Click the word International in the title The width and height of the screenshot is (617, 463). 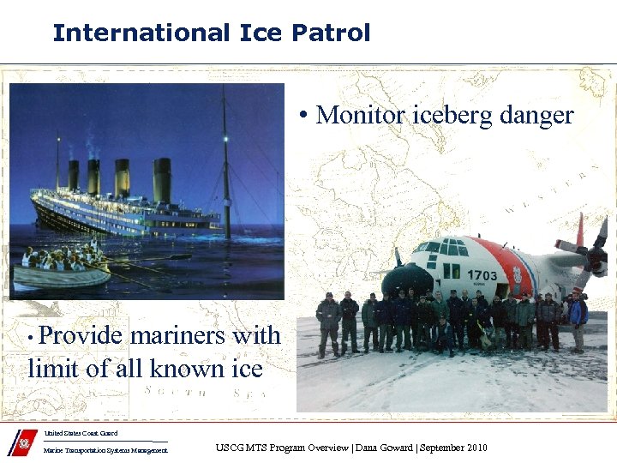coord(140,33)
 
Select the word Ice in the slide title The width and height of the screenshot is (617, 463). coord(261,33)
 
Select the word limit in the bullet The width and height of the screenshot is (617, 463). coord(54,368)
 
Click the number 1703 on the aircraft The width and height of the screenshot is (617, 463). coord(482,274)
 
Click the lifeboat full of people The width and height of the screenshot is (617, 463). coord(60,268)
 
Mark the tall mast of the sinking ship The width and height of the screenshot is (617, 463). coord(225,163)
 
